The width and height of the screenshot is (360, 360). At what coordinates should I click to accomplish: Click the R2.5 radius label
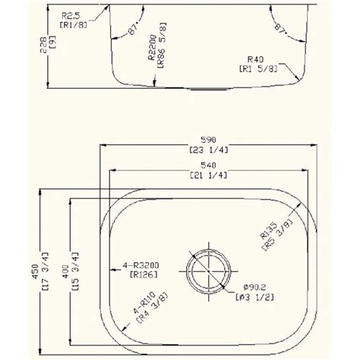73,14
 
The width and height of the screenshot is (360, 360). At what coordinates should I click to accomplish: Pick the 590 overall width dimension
208,139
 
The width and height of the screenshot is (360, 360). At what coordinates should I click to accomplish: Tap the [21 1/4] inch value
208,175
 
